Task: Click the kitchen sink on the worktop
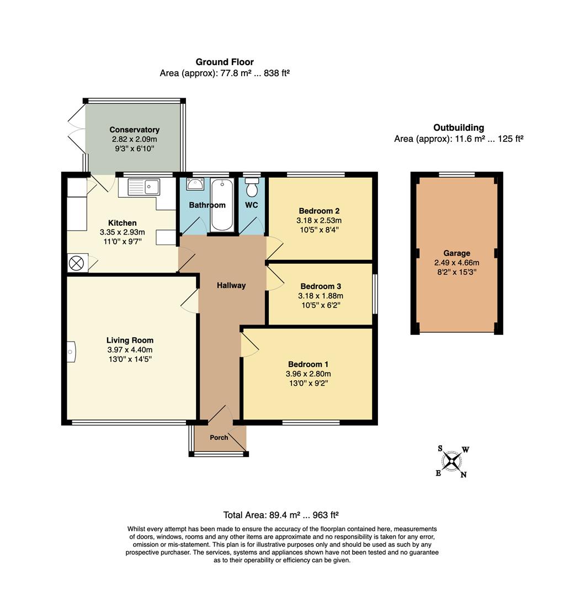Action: click(144, 187)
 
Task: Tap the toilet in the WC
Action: click(252, 188)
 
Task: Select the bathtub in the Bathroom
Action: click(222, 205)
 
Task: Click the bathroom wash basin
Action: click(195, 184)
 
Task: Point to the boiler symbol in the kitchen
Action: click(76, 263)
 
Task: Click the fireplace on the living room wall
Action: click(71, 352)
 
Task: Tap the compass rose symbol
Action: click(452, 462)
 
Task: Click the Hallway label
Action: click(231, 285)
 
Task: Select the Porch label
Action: click(219, 438)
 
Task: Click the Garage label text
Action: click(457, 253)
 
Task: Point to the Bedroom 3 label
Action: click(321, 286)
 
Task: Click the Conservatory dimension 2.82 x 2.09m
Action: click(135, 139)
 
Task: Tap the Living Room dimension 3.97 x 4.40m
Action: click(130, 350)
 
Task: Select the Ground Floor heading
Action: click(225, 62)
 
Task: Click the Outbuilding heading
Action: click(459, 127)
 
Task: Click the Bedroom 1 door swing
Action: click(249, 344)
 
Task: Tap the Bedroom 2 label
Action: click(319, 211)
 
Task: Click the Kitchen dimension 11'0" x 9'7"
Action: click(123, 241)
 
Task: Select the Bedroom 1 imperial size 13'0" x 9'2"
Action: click(308, 383)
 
